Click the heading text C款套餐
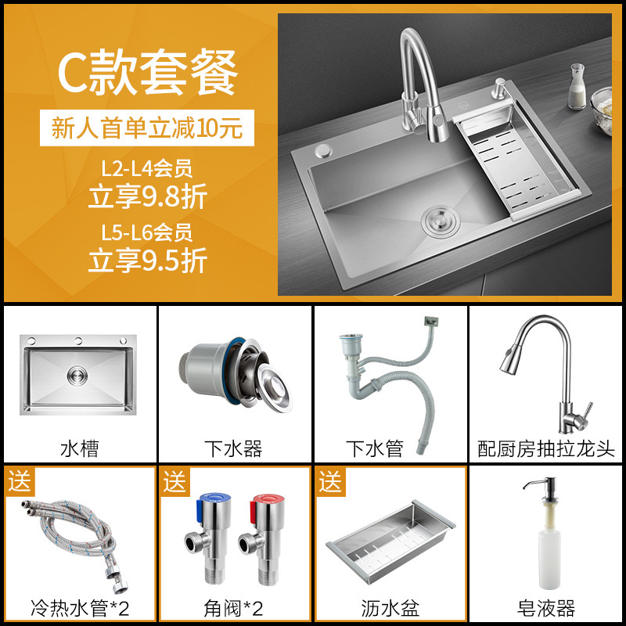click(148, 72)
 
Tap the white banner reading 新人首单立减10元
click(148, 127)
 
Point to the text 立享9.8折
click(148, 196)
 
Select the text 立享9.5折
click(148, 259)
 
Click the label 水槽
click(79, 449)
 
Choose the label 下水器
click(233, 449)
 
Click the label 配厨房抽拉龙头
click(546, 449)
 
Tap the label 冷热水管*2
click(79, 607)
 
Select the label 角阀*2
click(233, 607)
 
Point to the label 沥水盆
click(389, 607)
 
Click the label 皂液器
click(546, 607)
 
